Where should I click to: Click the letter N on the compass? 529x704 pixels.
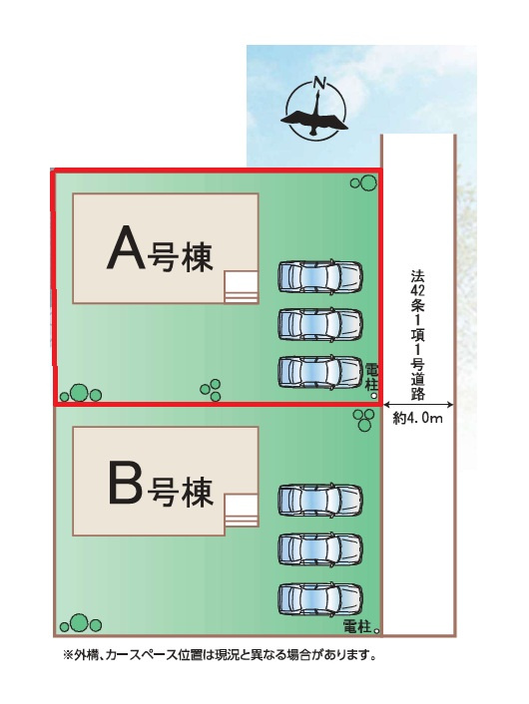tap(319, 83)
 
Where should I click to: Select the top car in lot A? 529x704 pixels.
tap(320, 276)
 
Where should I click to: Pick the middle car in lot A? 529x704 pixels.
tap(320, 324)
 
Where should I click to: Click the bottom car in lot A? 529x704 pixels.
tap(320, 372)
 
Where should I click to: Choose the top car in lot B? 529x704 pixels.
tap(320, 500)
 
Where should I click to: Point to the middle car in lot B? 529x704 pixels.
tap(320, 548)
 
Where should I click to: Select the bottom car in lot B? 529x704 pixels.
tap(320, 599)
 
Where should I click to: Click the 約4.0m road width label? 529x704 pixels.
tap(417, 419)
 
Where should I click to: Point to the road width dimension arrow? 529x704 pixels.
tap(418, 405)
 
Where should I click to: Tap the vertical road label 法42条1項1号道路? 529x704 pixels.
tap(417, 335)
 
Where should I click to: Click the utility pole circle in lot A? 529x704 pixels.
tap(373, 396)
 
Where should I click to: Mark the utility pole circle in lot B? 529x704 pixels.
tap(376, 631)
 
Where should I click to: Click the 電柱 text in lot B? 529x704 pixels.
tap(357, 627)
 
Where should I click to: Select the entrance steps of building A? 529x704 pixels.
tap(241, 287)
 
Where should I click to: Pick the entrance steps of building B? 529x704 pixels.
tap(241, 511)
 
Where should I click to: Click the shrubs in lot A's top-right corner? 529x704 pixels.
tap(363, 182)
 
